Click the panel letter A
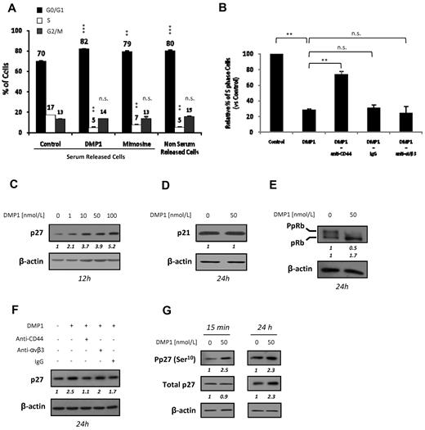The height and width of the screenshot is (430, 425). click(7, 7)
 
